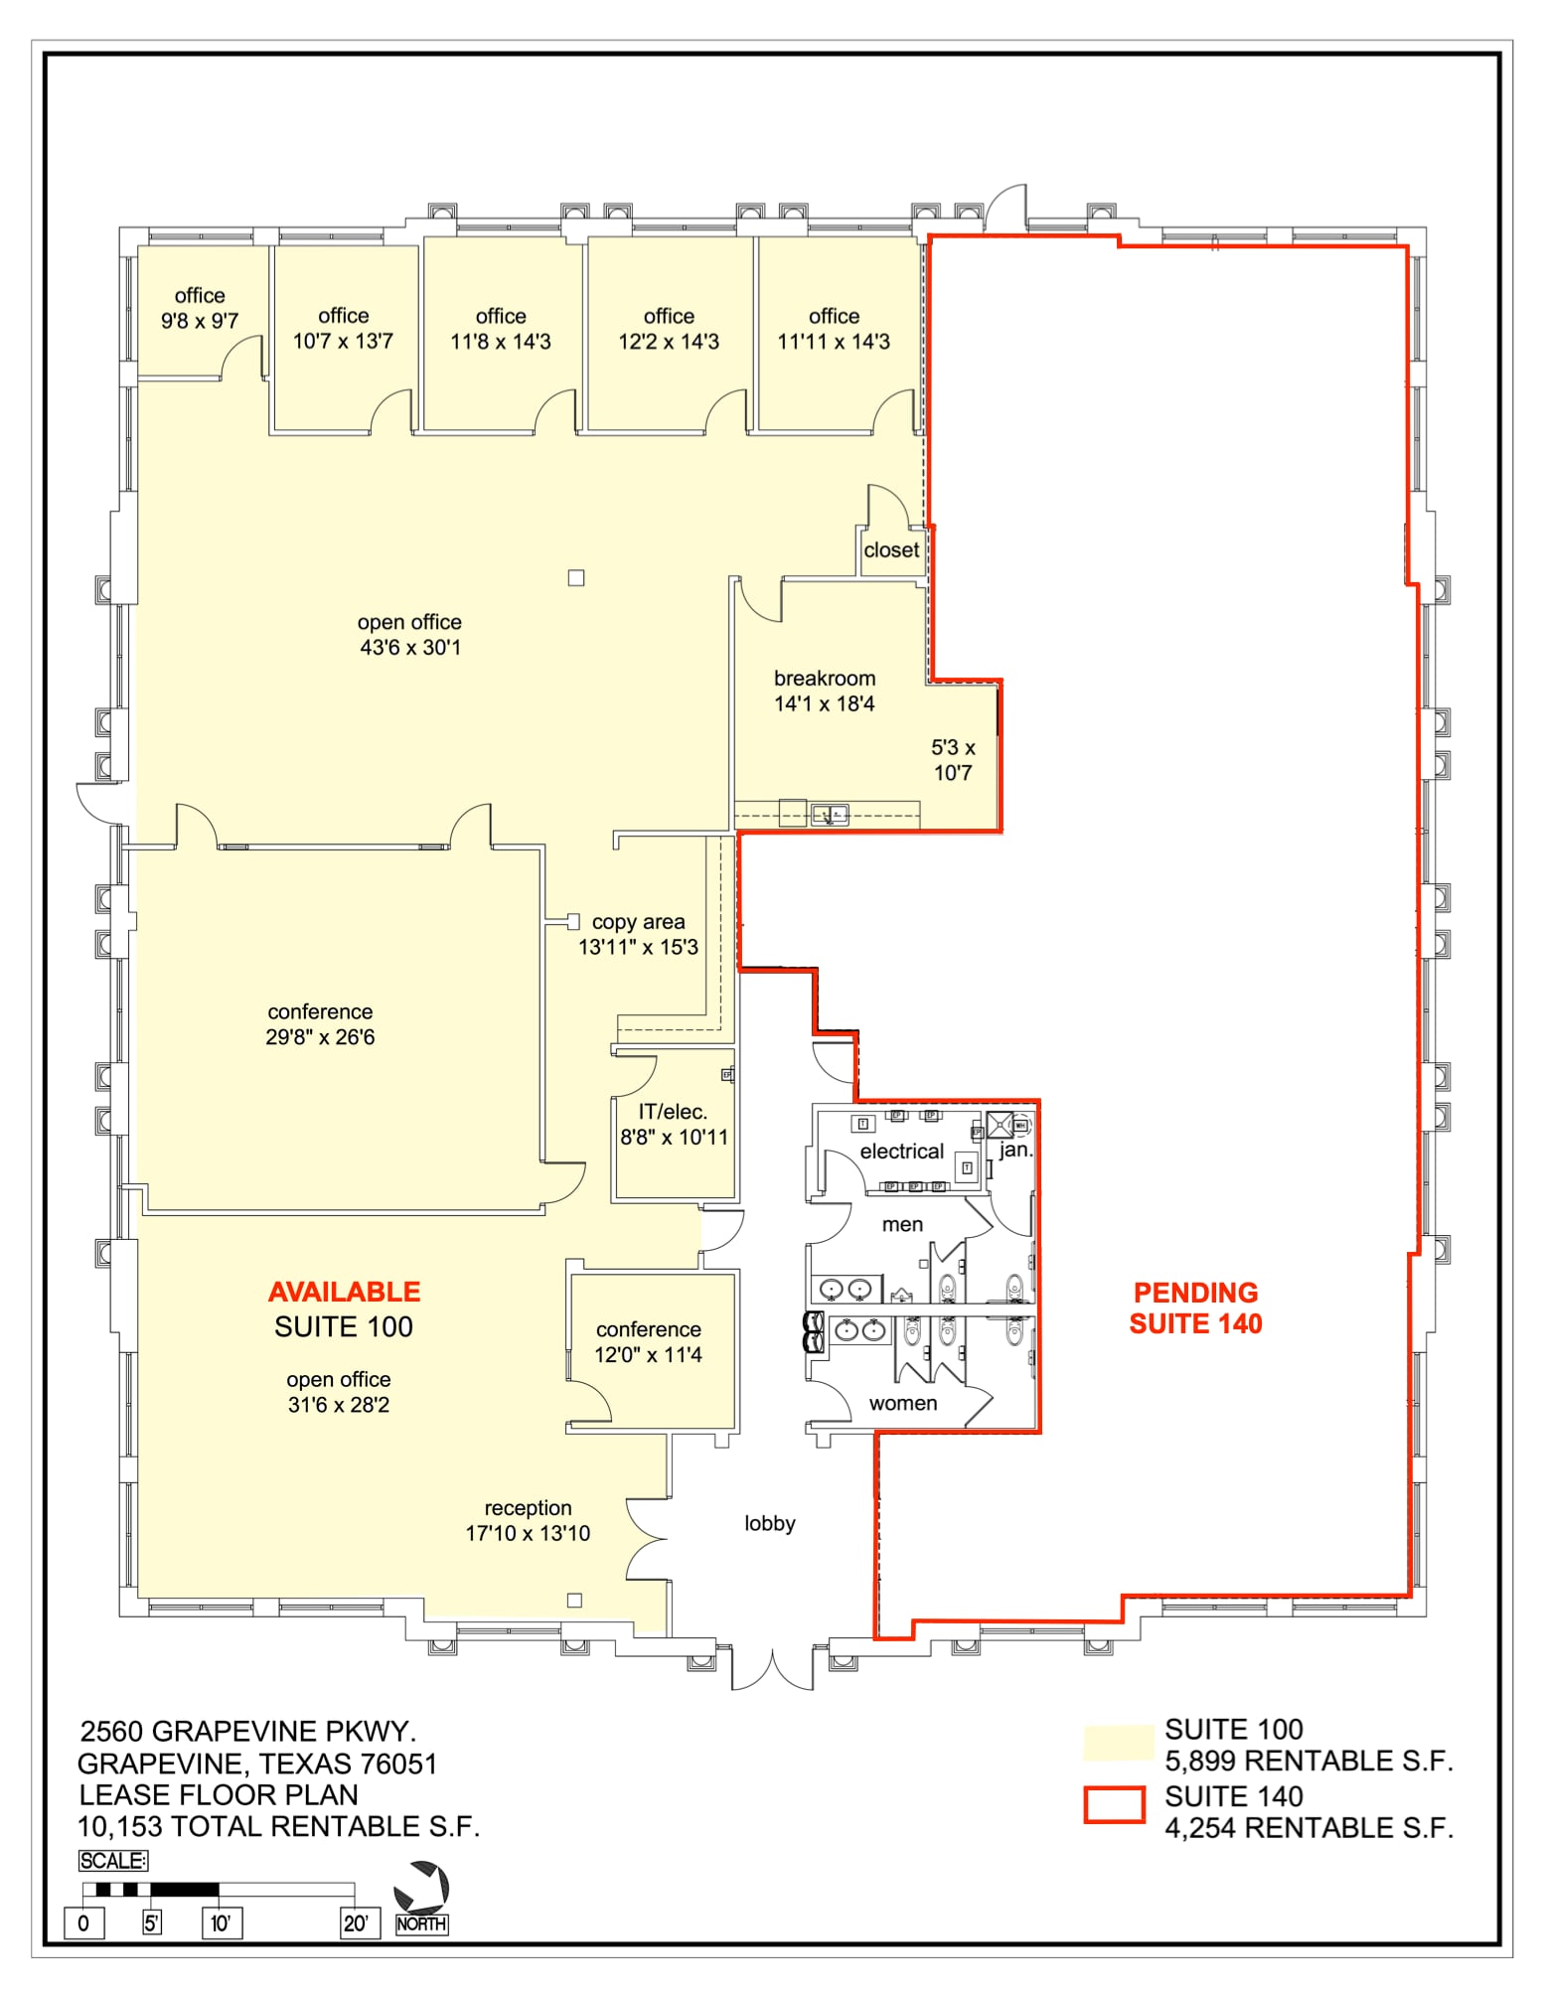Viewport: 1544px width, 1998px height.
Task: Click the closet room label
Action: tap(891, 549)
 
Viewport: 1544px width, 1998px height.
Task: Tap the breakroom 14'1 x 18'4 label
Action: tap(825, 691)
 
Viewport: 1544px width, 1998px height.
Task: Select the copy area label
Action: tap(638, 922)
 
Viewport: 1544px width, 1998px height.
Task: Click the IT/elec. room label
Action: tap(674, 1124)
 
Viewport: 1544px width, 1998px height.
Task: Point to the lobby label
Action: tap(770, 1523)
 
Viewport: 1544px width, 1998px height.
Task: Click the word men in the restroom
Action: tap(902, 1224)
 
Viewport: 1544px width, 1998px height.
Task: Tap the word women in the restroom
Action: tap(902, 1403)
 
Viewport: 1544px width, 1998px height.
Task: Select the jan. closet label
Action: tap(1015, 1151)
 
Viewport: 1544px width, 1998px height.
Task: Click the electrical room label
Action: tap(901, 1151)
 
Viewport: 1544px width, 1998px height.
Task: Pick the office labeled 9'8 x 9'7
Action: tap(200, 308)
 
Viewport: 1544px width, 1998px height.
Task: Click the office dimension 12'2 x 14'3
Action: tap(669, 342)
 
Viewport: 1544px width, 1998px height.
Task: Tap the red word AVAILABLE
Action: tap(344, 1292)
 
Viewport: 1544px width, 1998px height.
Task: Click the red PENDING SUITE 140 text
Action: tap(1195, 1307)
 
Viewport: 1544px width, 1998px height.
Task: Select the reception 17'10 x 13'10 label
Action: tap(528, 1520)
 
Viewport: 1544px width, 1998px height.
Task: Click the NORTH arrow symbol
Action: tap(422, 1887)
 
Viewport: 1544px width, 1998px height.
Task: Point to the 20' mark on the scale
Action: tap(355, 1922)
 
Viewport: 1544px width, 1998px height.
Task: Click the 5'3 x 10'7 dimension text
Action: tap(953, 760)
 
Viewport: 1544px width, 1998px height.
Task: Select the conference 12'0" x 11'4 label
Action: tap(648, 1341)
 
